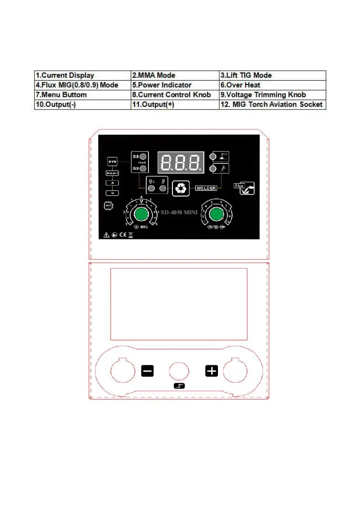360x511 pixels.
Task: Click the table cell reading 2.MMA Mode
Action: point(175,75)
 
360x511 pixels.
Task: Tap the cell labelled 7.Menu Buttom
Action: point(82,95)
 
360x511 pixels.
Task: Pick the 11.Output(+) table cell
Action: point(175,105)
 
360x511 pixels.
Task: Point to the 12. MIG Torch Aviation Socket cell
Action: point(272,105)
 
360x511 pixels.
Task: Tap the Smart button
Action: point(112,173)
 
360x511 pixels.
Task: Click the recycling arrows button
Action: point(181,188)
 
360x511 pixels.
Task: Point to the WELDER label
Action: point(207,188)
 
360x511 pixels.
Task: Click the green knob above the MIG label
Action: point(140,214)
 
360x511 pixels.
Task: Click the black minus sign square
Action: point(147,371)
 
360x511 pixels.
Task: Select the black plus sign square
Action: point(212,371)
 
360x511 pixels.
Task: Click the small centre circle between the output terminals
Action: point(179,371)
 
